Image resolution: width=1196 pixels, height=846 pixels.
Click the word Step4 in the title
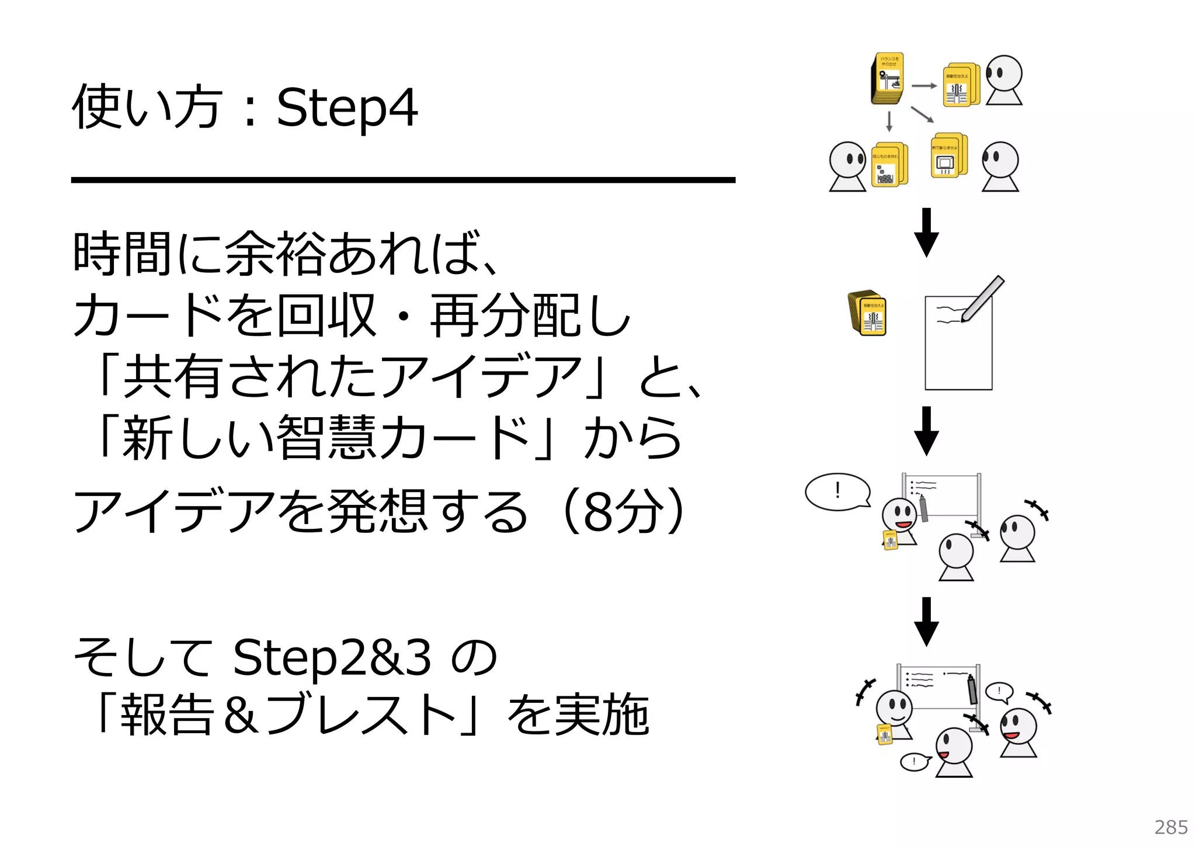[347, 108]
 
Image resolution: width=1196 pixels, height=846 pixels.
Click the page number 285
[1171, 827]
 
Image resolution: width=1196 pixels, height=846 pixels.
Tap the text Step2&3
[332, 657]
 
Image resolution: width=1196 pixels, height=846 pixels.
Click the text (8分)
[623, 512]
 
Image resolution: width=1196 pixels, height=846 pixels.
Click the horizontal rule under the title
[403, 180]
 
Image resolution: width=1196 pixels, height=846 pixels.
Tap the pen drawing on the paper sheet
[982, 299]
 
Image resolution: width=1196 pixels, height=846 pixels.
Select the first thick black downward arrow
[926, 233]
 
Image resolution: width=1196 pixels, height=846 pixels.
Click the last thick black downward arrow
[926, 622]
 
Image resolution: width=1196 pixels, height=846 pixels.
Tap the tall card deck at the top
[887, 79]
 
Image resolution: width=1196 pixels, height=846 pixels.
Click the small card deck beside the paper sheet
[867, 313]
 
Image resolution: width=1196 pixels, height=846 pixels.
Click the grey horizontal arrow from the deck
[924, 86]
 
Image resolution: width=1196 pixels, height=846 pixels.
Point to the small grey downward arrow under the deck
[889, 122]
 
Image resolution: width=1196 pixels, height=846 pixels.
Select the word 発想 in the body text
[377, 512]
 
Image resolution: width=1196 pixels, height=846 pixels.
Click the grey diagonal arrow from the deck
[922, 115]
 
